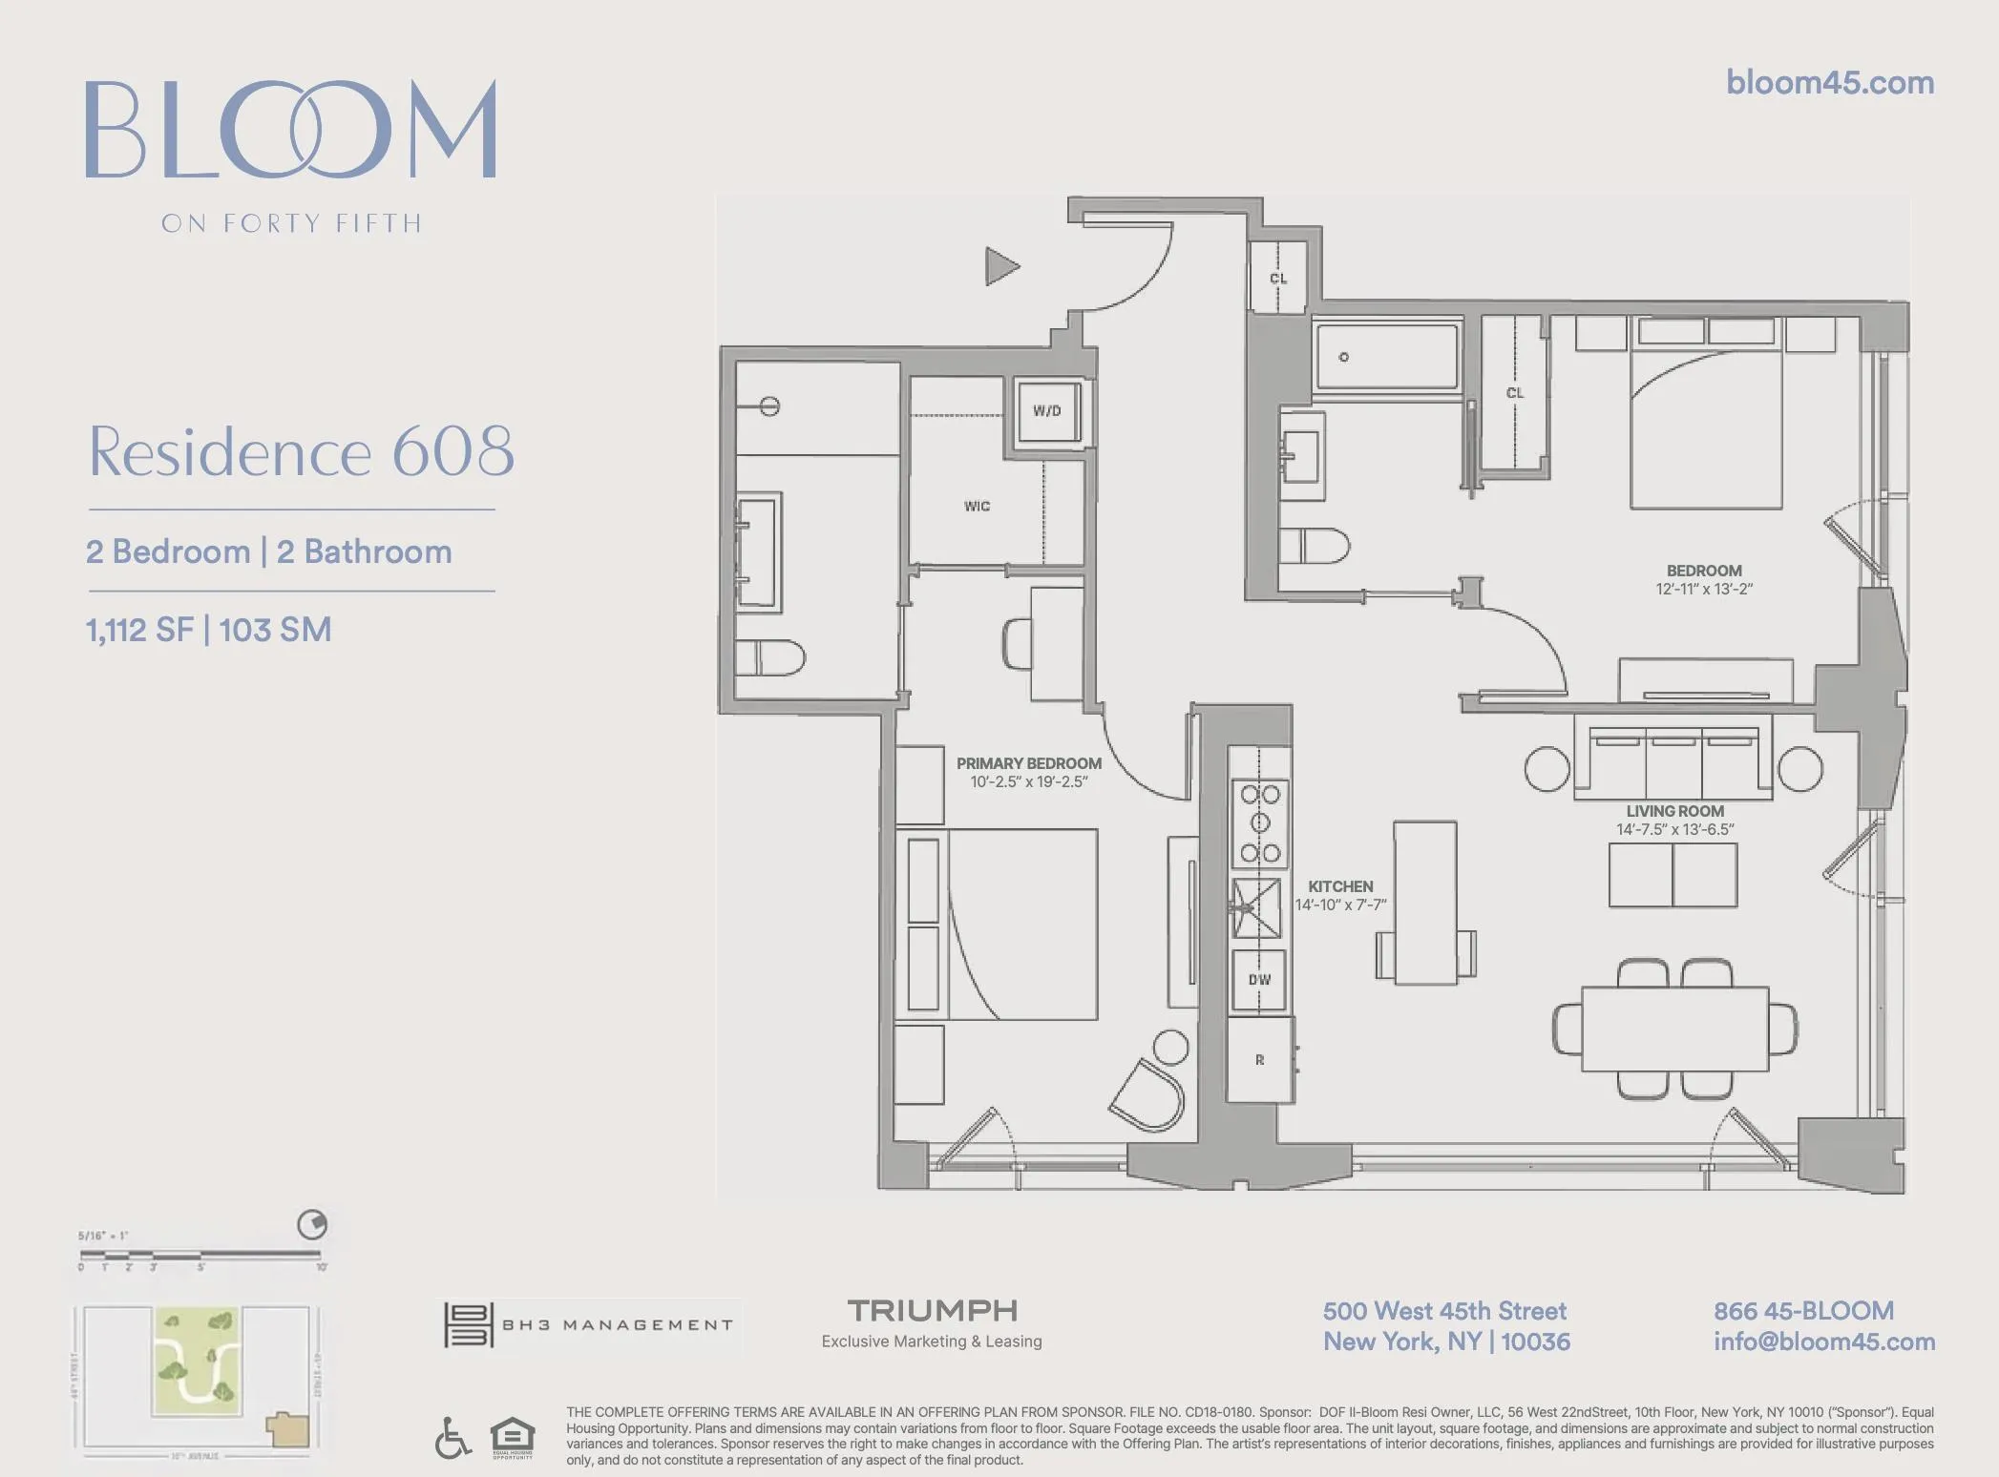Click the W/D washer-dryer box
pyautogui.click(x=1047, y=411)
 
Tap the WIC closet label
pyautogui.click(x=977, y=507)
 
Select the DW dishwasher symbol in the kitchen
pyautogui.click(x=1259, y=980)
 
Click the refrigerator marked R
pyautogui.click(x=1259, y=1060)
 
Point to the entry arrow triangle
pyautogui.click(x=1000, y=266)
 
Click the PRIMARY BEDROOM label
pyautogui.click(x=1028, y=763)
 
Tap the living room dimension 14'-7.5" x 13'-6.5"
pyautogui.click(x=1674, y=830)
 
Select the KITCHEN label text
pyautogui.click(x=1340, y=886)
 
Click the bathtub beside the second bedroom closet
pyautogui.click(x=1387, y=357)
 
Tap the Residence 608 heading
pyautogui.click(x=302, y=451)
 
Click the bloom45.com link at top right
pyautogui.click(x=1830, y=83)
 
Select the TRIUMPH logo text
pyautogui.click(x=932, y=1310)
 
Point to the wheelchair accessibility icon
pyautogui.click(x=452, y=1438)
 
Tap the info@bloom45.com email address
pyautogui.click(x=1823, y=1342)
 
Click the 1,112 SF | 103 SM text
pyautogui.click(x=209, y=630)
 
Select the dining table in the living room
pyautogui.click(x=1674, y=1029)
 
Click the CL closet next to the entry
pyautogui.click(x=1278, y=278)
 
